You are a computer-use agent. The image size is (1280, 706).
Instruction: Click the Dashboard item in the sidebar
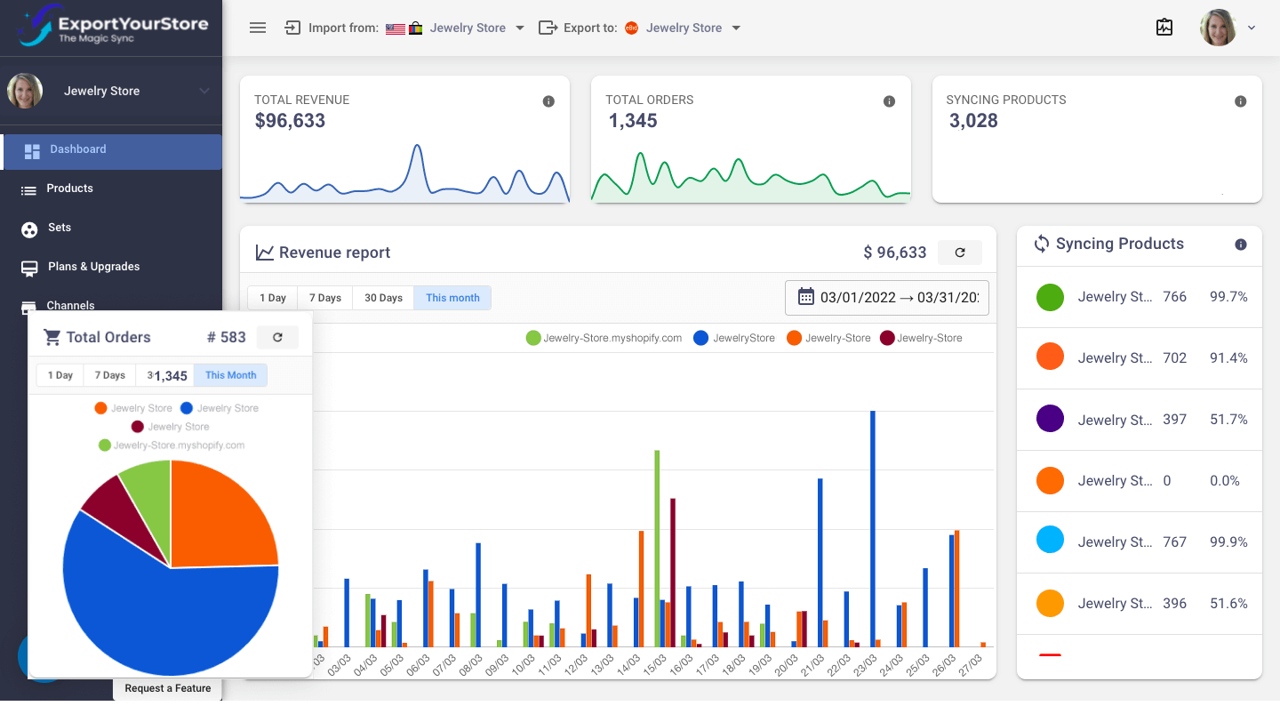(78, 150)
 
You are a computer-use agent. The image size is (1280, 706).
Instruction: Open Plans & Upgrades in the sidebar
(93, 267)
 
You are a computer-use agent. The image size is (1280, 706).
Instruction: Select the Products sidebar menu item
(69, 189)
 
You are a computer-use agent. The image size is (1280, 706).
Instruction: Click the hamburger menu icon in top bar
(258, 28)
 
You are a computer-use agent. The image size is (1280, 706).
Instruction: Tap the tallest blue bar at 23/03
(873, 528)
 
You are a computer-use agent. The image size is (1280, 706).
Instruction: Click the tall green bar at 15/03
(657, 548)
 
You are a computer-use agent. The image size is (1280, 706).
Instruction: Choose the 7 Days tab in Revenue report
(324, 298)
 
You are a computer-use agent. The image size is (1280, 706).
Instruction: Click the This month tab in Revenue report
(452, 298)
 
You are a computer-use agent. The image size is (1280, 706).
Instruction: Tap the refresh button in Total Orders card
(277, 337)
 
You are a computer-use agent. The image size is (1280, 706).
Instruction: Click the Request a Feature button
(167, 688)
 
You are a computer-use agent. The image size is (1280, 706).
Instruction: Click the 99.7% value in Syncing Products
(1228, 297)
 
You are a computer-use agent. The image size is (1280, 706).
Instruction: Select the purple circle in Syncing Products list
(1050, 419)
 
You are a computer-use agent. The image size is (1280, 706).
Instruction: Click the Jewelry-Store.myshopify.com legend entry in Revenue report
(604, 338)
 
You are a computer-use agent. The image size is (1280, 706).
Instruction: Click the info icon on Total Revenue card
(548, 101)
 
